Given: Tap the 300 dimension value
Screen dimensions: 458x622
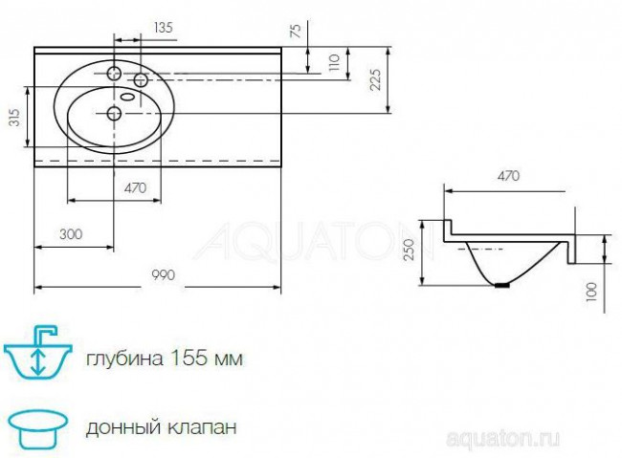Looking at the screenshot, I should tap(69, 234).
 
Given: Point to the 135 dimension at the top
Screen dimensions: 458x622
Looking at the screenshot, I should tap(163, 28).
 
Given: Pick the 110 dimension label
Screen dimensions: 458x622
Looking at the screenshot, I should tap(334, 64).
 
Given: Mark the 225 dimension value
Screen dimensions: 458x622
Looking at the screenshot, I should tap(377, 80).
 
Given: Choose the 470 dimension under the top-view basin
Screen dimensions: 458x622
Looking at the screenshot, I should tap(135, 189).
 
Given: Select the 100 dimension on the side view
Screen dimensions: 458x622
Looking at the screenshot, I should tap(591, 290).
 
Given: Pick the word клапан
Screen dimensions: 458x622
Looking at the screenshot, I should tap(205, 425).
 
